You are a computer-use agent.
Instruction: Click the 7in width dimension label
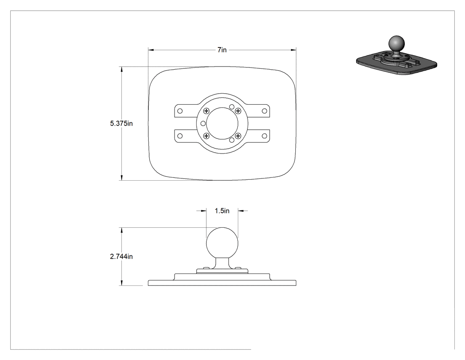tap(222, 50)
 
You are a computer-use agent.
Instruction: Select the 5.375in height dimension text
tap(121, 123)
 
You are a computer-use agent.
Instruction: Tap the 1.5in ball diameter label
tap(222, 211)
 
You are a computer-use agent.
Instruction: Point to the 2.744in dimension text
tap(121, 256)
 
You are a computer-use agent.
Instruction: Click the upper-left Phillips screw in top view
tap(207, 111)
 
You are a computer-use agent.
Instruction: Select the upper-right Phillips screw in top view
tap(238, 111)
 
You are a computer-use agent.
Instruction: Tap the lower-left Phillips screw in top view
tap(207, 136)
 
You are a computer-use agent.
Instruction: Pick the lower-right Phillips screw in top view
tap(238, 136)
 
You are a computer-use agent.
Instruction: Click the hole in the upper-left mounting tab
tap(180, 111)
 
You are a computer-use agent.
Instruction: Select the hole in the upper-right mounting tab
tap(264, 111)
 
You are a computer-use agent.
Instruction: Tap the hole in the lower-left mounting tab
tap(180, 136)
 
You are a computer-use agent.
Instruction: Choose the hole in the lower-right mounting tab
tap(264, 136)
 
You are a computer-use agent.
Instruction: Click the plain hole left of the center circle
tap(203, 123)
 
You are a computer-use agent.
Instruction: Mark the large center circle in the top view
tap(207, 123)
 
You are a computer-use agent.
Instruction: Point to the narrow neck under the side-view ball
tap(222, 263)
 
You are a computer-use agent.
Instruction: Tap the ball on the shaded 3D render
tap(396, 44)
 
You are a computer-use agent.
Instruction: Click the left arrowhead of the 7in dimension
tap(151, 50)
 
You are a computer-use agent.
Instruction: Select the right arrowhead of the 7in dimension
tap(293, 50)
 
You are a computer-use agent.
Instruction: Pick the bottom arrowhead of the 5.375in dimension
tap(121, 178)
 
